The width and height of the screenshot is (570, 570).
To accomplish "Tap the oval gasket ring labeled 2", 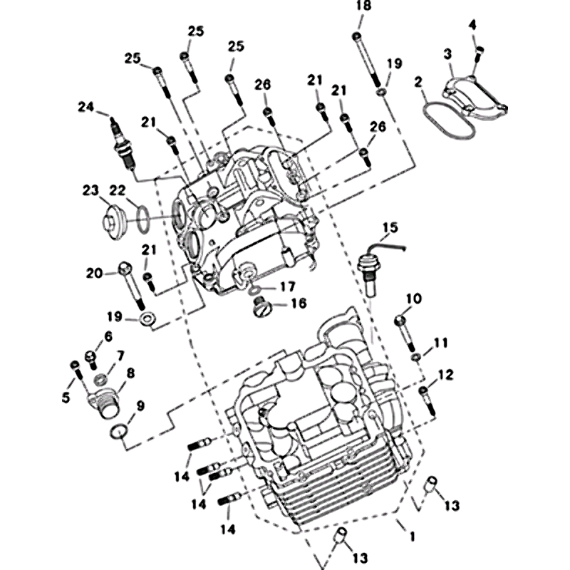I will pos(447,120).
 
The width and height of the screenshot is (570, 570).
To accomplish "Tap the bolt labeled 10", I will pos(402,331).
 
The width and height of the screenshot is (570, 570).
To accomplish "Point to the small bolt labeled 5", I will pos(77,375).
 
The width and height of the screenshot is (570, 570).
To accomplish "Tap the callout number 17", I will pos(286,286).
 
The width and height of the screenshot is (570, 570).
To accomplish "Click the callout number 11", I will pos(440,343).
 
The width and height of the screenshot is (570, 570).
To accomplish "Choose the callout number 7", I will pos(120,355).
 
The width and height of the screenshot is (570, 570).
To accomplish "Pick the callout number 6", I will pos(108,336).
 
